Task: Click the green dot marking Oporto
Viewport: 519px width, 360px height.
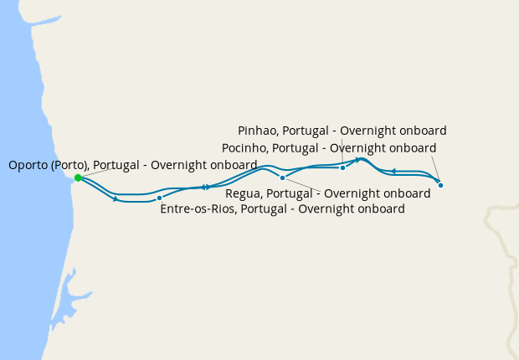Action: (78, 177)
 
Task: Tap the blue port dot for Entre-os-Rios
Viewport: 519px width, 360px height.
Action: (159, 198)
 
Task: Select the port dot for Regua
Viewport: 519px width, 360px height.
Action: (282, 177)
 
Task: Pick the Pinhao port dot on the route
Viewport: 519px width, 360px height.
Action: (342, 167)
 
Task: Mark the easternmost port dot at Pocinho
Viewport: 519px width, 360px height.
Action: (440, 185)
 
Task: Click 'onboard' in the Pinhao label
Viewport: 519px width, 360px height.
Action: (422, 131)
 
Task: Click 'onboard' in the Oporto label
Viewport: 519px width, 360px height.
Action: (232, 165)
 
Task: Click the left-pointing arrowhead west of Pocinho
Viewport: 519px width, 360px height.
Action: (393, 171)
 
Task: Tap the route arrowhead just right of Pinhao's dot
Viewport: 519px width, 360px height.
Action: (357, 159)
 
